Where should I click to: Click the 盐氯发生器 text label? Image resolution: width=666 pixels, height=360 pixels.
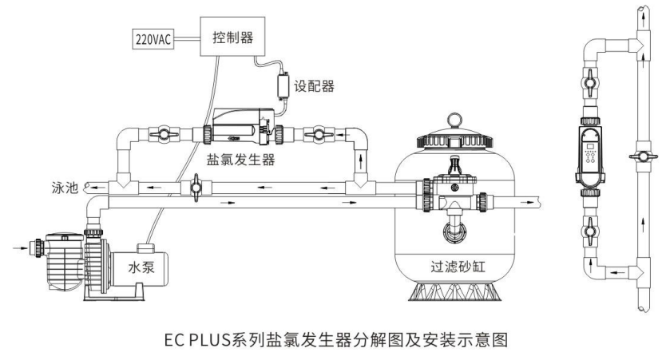[x=243, y=160]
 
